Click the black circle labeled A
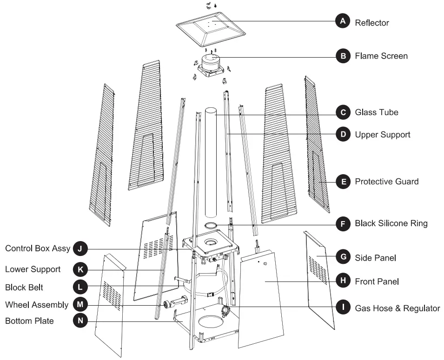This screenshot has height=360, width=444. [x=343, y=21]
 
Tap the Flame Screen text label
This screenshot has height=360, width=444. [x=381, y=56]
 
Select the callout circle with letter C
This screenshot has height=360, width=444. [x=343, y=112]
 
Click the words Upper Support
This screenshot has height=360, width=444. [x=382, y=135]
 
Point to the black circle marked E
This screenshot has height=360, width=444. [x=343, y=181]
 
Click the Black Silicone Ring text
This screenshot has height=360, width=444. [x=391, y=223]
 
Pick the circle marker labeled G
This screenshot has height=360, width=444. [x=343, y=257]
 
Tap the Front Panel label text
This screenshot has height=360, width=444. [x=377, y=281]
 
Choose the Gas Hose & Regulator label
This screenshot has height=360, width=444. [x=397, y=308]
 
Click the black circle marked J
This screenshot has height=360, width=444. [x=80, y=249]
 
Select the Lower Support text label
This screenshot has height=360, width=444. [x=33, y=269]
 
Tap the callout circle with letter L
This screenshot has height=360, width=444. [x=80, y=287]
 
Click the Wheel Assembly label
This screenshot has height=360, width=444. [x=37, y=305]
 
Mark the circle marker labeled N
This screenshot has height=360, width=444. [x=80, y=321]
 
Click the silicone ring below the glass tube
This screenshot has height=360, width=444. [x=212, y=225]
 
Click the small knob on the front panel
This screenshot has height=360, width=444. [x=266, y=263]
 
